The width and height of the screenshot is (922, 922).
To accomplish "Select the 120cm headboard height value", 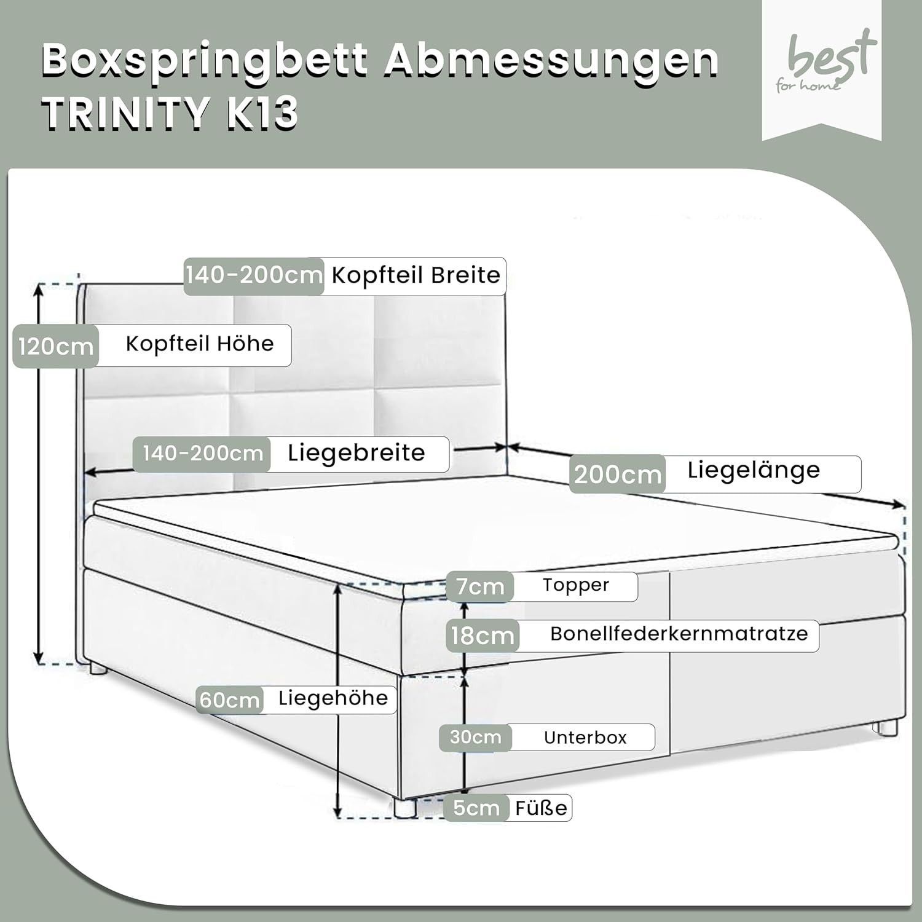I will tap(55, 347).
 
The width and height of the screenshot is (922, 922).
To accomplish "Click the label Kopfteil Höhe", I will tap(199, 344).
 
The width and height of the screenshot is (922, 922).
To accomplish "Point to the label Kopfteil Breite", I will tap(416, 275).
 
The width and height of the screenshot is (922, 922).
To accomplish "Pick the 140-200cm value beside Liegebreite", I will tap(202, 454).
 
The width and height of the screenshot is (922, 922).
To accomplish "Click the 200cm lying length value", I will tap(617, 474).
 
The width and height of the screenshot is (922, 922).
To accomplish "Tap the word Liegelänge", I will tap(754, 470).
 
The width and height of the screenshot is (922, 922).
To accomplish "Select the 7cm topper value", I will tap(479, 586).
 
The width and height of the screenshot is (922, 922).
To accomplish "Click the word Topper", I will tap(575, 585).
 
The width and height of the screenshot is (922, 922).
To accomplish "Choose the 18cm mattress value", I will tap(483, 635).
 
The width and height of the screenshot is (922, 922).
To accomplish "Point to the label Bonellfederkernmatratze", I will tap(679, 634).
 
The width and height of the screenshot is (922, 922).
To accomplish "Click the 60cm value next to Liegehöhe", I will tap(229, 699).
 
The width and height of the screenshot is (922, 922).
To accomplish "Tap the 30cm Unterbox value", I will tap(475, 737).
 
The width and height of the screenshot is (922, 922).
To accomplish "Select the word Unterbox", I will tap(585, 737).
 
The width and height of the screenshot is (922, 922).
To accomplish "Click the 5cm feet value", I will tap(476, 808).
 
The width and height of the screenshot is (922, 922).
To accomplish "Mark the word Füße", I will tap(541, 808).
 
